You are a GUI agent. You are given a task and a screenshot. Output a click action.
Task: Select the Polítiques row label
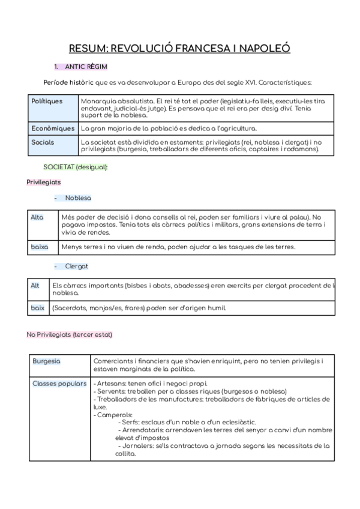47,101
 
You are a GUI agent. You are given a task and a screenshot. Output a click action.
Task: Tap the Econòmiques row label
53,128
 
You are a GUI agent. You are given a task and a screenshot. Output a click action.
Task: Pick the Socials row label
43,142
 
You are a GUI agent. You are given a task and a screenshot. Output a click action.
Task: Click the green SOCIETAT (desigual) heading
76,166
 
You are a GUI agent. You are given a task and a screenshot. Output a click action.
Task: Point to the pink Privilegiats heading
43,182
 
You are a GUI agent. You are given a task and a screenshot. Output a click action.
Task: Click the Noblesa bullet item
78,197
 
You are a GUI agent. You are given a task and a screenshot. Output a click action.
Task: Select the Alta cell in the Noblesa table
37,217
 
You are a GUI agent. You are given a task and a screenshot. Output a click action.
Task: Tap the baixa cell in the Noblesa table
39,247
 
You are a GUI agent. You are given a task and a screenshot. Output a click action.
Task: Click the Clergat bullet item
77,265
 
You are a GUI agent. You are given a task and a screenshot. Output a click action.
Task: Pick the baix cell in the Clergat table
38,308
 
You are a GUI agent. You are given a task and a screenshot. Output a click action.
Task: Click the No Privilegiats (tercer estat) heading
69,334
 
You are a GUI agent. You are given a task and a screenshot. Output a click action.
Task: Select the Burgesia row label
46,361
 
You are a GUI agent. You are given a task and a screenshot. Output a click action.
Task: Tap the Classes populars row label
59,383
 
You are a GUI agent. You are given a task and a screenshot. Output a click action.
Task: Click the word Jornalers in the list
136,445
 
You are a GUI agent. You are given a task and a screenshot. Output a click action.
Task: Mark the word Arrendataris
142,430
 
